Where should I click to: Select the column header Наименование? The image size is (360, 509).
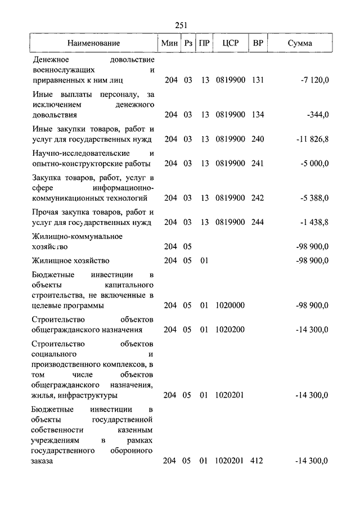pos(94,43)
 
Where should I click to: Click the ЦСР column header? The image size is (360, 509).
pos(230,43)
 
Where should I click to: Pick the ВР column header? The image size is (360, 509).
pos(258,43)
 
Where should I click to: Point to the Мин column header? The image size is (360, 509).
pos(169,43)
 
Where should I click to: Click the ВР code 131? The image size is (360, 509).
pos(258,80)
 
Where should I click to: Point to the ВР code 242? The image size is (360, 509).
pos(258,198)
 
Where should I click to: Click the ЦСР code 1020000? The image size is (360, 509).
pos(230,305)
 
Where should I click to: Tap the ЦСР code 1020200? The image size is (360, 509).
pos(230,330)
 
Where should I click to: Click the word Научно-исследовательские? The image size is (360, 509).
pos(73,153)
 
